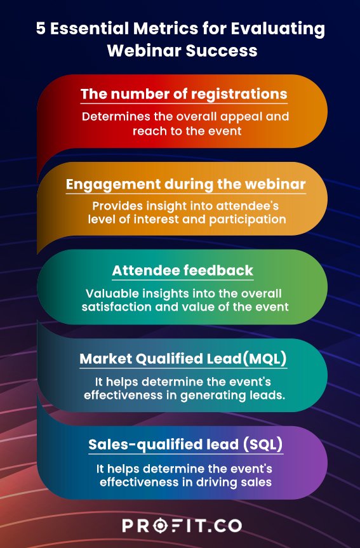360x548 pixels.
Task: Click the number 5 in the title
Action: (40, 29)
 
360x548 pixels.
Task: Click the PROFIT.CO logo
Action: (180, 526)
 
